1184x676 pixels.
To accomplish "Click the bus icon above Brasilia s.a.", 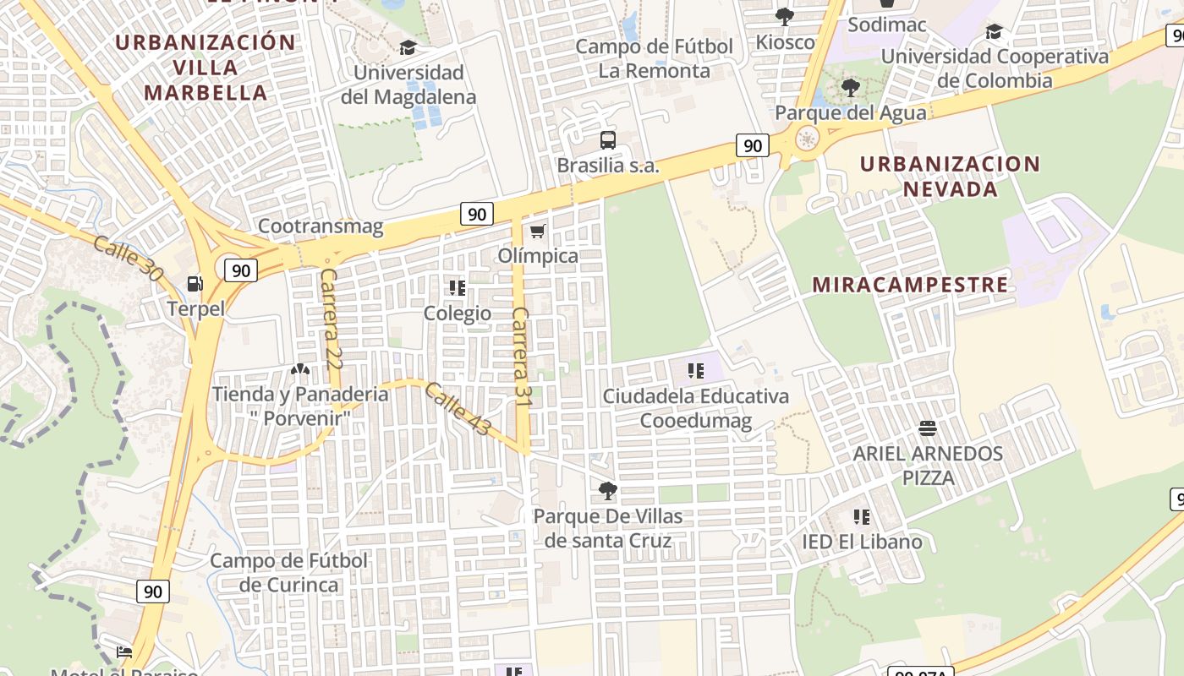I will [x=607, y=140].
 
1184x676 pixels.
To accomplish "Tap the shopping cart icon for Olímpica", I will [x=537, y=231].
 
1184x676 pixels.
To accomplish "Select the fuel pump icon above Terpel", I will [x=195, y=284].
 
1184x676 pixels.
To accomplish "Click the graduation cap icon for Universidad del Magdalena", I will [x=408, y=47].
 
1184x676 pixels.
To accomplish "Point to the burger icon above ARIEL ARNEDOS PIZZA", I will [x=927, y=428].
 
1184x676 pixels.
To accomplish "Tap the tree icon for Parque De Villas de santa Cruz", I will [x=607, y=490].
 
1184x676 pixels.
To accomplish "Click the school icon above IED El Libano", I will [x=861, y=516].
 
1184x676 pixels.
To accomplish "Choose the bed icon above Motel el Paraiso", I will [x=124, y=651].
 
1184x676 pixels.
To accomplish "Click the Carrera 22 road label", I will [x=331, y=319].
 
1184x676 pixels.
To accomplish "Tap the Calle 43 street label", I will [x=458, y=410].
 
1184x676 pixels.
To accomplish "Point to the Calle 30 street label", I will [x=128, y=259].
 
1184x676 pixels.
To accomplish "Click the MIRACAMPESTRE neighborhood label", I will [x=910, y=285].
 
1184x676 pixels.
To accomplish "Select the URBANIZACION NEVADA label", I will [x=950, y=176].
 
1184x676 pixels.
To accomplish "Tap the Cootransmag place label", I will [x=321, y=226].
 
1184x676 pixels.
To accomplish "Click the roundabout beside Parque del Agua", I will [x=808, y=139].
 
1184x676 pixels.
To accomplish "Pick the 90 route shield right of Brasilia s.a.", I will [x=751, y=145].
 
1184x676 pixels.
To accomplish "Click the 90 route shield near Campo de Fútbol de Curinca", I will [x=152, y=591].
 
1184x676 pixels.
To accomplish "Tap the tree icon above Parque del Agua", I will [x=851, y=87].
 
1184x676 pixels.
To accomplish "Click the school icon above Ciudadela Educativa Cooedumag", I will [x=695, y=370].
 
